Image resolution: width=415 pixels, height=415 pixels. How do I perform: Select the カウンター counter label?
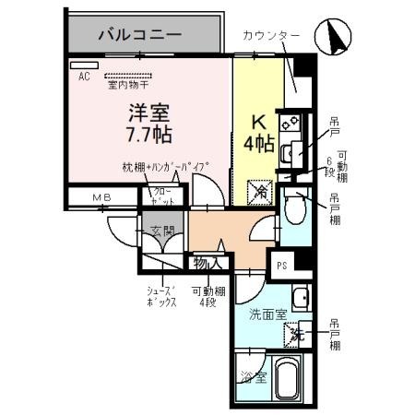click(271, 36)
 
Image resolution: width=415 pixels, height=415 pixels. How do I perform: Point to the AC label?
click(84, 77)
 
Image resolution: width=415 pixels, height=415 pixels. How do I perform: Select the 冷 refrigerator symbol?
click(261, 193)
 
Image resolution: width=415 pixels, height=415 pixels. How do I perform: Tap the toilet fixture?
click(293, 210)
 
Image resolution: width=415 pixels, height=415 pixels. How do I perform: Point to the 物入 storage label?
click(207, 264)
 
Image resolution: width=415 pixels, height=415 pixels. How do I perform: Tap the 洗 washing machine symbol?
click(297, 335)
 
